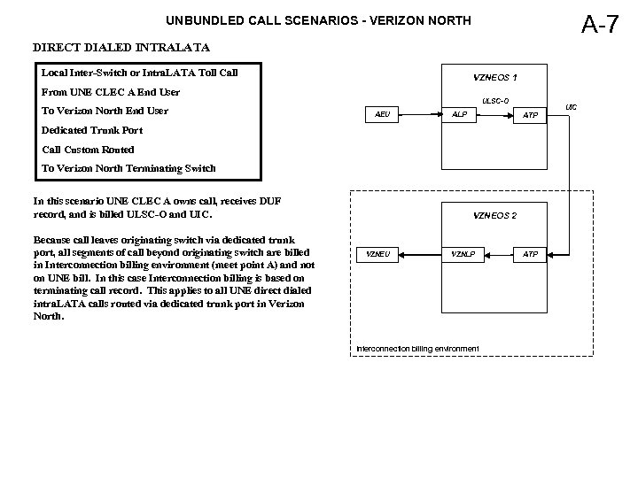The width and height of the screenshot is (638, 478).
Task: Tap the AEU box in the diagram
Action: click(x=383, y=115)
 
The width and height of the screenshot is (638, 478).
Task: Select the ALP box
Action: click(x=460, y=115)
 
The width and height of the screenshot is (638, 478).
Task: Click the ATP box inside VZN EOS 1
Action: click(x=531, y=115)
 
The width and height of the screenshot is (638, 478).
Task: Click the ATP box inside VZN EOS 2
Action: click(x=531, y=255)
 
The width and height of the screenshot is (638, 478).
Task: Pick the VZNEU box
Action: click(x=378, y=255)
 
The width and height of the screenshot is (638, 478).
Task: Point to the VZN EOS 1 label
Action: click(x=494, y=77)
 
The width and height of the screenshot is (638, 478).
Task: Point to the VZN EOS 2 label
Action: click(x=494, y=215)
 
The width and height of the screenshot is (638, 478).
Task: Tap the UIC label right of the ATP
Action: click(x=572, y=107)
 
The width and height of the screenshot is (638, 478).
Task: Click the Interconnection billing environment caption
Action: click(x=417, y=349)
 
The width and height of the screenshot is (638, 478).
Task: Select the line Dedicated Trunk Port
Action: click(x=92, y=130)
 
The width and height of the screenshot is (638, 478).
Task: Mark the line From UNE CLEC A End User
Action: click(x=111, y=91)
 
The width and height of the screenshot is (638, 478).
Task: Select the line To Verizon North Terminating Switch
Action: click(x=128, y=168)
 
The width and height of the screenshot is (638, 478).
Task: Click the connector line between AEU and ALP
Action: click(x=421, y=115)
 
